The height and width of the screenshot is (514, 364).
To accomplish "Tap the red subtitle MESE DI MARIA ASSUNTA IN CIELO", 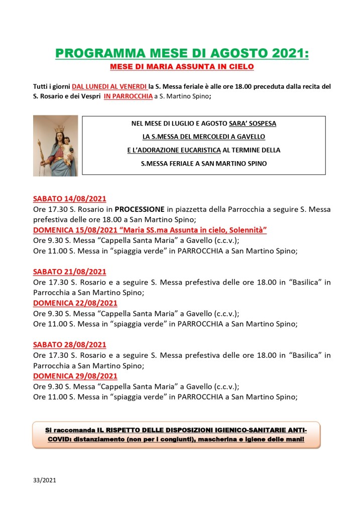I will click(x=182, y=66).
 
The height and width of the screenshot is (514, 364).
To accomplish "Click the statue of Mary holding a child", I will click(x=55, y=146).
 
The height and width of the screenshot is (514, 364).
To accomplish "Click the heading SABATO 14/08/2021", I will click(x=69, y=198).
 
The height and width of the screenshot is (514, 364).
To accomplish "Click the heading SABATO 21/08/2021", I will click(x=69, y=272).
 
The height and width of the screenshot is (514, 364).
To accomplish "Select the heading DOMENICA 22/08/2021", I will click(x=75, y=303).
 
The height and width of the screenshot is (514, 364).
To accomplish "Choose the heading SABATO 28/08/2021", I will click(x=69, y=345).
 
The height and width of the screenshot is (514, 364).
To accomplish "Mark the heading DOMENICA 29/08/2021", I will click(x=75, y=376).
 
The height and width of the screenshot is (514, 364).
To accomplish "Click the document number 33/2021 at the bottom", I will click(x=45, y=480).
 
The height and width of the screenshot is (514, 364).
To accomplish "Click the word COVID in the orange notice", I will click(x=58, y=440).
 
